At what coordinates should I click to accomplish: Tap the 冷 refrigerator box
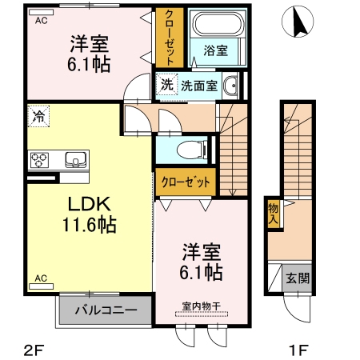[x=38, y=116]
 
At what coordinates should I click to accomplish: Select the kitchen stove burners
[x=40, y=159]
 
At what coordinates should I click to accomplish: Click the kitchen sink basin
[x=74, y=158]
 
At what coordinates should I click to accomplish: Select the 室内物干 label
[x=200, y=305]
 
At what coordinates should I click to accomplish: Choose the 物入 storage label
[x=272, y=213]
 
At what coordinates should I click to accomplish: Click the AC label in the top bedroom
[x=40, y=22]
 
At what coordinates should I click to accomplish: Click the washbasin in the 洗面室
[x=231, y=85]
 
